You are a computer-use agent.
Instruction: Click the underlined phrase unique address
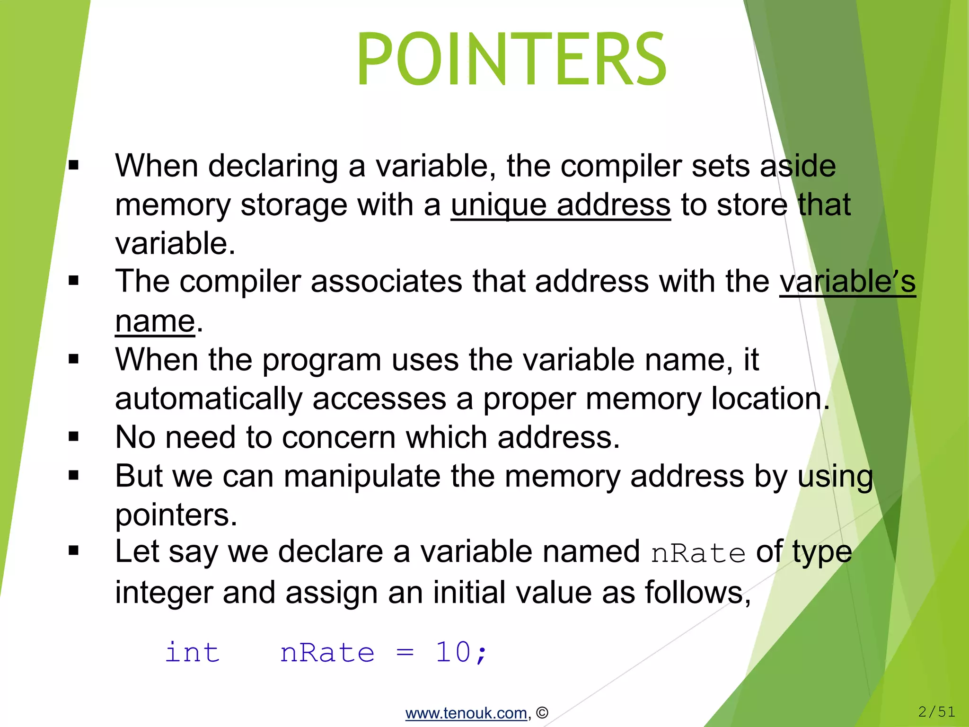coord(560,205)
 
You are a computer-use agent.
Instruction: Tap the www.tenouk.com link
coord(466,713)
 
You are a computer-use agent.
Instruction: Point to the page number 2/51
coord(936,711)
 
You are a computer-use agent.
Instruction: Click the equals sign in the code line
coord(405,653)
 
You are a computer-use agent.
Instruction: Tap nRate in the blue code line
coord(327,653)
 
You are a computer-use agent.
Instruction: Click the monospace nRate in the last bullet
coord(698,553)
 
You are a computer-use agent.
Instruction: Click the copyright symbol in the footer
coord(542,713)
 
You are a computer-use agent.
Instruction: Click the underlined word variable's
coord(847,282)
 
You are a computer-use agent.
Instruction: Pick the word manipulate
coord(362,476)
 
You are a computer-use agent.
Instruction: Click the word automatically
coord(208,399)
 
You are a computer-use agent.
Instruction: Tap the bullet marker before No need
coord(73,436)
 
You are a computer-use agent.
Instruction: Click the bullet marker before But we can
coord(73,475)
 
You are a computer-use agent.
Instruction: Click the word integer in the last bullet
coord(164,593)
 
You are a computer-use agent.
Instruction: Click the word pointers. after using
coord(176,515)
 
